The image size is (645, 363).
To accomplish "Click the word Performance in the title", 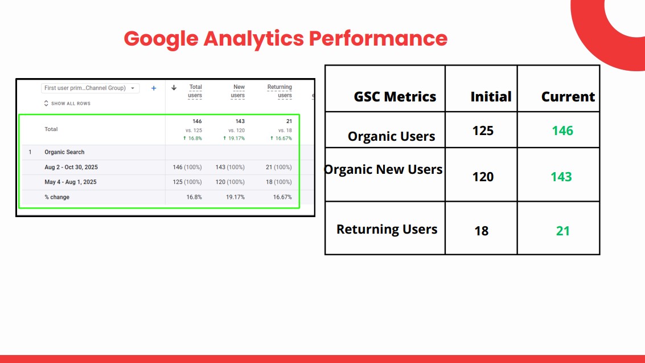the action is pyautogui.click(x=378, y=38).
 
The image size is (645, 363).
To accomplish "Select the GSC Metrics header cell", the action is pyautogui.click(x=395, y=97).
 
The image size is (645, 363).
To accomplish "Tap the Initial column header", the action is pyautogui.click(x=491, y=97).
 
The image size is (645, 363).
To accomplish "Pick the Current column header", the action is pyautogui.click(x=568, y=97).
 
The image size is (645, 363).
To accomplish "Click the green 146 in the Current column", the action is pyautogui.click(x=562, y=131).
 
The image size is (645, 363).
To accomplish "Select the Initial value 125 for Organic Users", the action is pyautogui.click(x=483, y=131).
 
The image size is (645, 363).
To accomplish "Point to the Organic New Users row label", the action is pyautogui.click(x=383, y=169).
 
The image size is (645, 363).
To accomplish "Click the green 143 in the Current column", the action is pyautogui.click(x=561, y=177).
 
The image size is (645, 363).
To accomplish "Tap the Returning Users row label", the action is pyautogui.click(x=387, y=229).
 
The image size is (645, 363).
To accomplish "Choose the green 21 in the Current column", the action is pyautogui.click(x=562, y=231).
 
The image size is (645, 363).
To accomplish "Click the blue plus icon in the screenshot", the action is pyautogui.click(x=154, y=88).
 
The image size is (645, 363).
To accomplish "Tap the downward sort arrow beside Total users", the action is pyautogui.click(x=174, y=88).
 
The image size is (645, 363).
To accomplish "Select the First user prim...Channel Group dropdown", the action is pyautogui.click(x=90, y=88).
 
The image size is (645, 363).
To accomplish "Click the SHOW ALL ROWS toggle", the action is pyautogui.click(x=67, y=103).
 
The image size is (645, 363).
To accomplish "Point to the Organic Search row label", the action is pyautogui.click(x=64, y=152).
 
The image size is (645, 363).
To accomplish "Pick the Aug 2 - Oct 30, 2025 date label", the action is pyautogui.click(x=71, y=167).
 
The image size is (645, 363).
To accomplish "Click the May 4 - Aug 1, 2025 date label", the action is pyautogui.click(x=71, y=182).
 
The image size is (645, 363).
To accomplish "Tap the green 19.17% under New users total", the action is pyautogui.click(x=233, y=138).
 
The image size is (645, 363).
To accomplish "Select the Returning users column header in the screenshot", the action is pyautogui.click(x=280, y=91).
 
